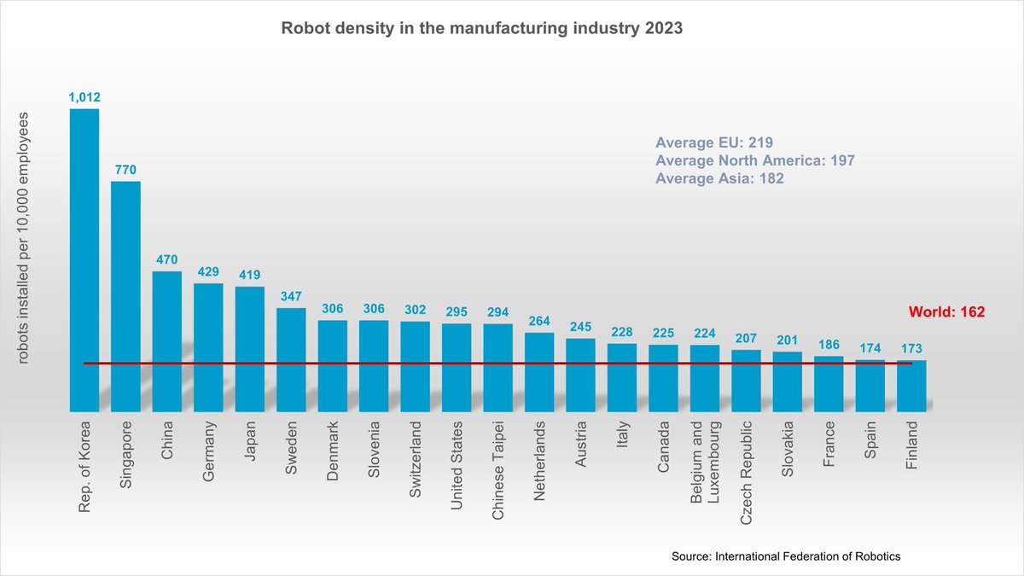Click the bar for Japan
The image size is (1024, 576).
point(249,349)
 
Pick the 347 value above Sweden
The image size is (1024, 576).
point(291,295)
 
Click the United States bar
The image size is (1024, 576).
point(457,368)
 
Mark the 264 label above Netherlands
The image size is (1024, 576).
point(539,321)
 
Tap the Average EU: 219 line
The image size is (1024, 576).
point(714,143)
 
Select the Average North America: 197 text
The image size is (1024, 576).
point(754,160)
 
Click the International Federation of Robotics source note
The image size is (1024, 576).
point(786,556)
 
